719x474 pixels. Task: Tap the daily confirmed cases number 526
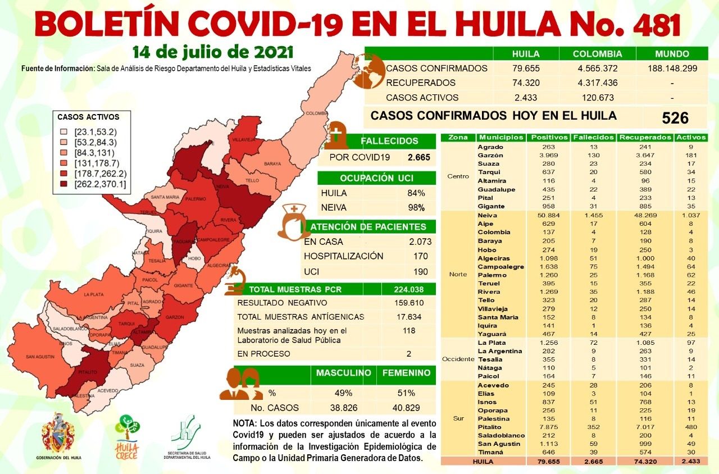(x=675, y=117)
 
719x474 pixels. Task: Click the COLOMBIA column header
(x=597, y=54)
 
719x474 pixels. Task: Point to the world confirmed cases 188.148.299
(x=672, y=69)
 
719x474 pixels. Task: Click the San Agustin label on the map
(x=39, y=357)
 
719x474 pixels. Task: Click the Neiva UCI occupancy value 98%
(x=416, y=208)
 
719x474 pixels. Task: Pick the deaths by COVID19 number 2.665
(x=419, y=157)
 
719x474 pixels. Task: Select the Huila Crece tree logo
(x=127, y=432)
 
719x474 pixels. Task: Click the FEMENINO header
(x=406, y=373)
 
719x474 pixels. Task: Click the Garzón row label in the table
(x=490, y=155)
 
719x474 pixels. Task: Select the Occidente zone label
(x=458, y=359)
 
